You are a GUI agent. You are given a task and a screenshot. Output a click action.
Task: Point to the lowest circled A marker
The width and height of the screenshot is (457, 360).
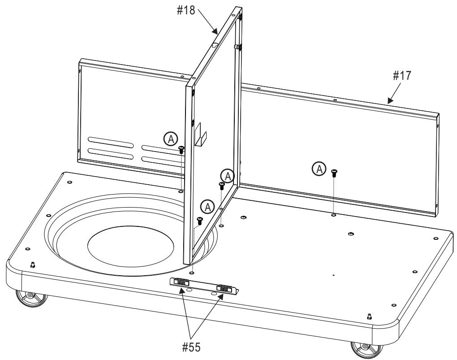click(207, 206)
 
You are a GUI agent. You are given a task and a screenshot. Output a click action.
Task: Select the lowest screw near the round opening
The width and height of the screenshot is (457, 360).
click(200, 220)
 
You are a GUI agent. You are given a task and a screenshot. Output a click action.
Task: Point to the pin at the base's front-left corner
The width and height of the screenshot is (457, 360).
click(32, 265)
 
